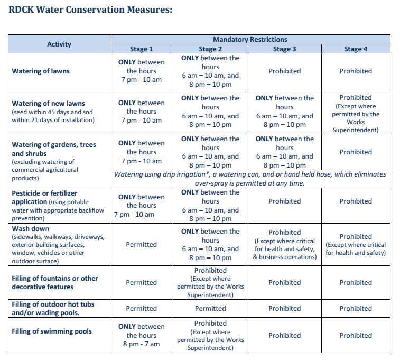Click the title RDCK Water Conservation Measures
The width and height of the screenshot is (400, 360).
pyautogui.click(x=90, y=10)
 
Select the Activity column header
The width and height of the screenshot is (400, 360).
pyautogui.click(x=59, y=44)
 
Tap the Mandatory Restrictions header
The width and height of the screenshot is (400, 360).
pyautogui.click(x=250, y=39)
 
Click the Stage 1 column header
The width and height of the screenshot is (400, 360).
pyautogui.click(x=141, y=49)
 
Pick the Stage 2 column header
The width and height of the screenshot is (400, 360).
pyautogui.click(x=210, y=49)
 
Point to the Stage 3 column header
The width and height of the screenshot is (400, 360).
pyautogui.click(x=285, y=49)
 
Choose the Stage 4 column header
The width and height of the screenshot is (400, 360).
pyautogui.click(x=356, y=49)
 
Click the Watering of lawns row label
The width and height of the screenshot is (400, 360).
pyautogui.click(x=41, y=71)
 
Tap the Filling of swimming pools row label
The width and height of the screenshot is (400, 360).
pyautogui.click(x=52, y=331)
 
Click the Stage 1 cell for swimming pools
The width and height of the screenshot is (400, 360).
pyautogui.click(x=141, y=335)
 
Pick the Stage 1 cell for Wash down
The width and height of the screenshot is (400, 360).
pyautogui.click(x=141, y=244)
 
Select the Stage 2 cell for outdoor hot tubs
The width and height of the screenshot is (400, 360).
pyautogui.click(x=210, y=309)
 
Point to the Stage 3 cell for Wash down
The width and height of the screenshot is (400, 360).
pyautogui.click(x=285, y=244)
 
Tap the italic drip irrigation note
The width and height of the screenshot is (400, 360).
pyautogui.click(x=250, y=179)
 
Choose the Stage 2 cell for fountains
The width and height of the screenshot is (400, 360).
pyautogui.click(x=210, y=282)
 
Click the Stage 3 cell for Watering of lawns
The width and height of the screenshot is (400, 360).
pyautogui.click(x=285, y=71)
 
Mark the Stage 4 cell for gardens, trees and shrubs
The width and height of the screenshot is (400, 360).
pyautogui.click(x=356, y=152)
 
